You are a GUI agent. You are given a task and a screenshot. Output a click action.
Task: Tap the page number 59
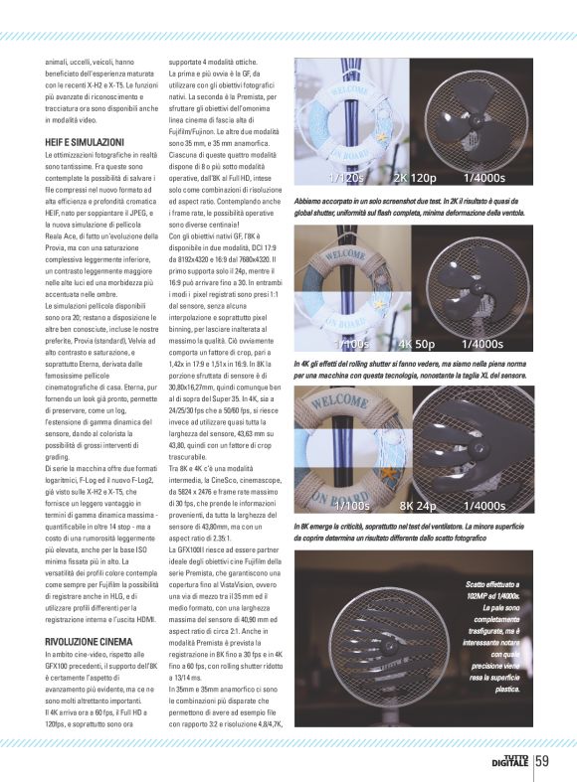coord(542,762)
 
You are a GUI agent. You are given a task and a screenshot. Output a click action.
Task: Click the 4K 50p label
coord(418,344)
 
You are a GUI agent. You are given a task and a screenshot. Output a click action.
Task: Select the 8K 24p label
coord(418,506)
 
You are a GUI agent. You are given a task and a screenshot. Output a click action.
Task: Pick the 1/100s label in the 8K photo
coord(351,506)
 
